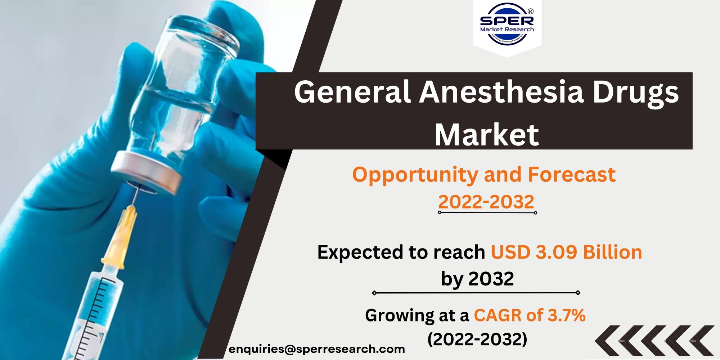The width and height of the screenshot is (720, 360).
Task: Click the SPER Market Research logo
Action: click(x=507, y=24)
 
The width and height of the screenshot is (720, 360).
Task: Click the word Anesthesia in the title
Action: click(x=501, y=92)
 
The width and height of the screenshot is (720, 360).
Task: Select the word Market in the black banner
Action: click(x=487, y=135)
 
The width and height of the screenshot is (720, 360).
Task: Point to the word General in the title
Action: click(x=352, y=92)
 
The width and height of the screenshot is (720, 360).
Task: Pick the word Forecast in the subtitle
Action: click(x=572, y=175)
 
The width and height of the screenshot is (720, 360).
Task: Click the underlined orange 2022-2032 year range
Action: click(x=486, y=202)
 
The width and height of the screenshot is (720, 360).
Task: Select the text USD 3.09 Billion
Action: click(x=566, y=252)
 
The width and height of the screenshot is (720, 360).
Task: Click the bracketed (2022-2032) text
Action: click(x=477, y=339)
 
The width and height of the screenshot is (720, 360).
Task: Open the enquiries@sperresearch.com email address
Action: click(x=317, y=349)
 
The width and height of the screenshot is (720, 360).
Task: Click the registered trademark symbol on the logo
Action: click(x=531, y=12)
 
